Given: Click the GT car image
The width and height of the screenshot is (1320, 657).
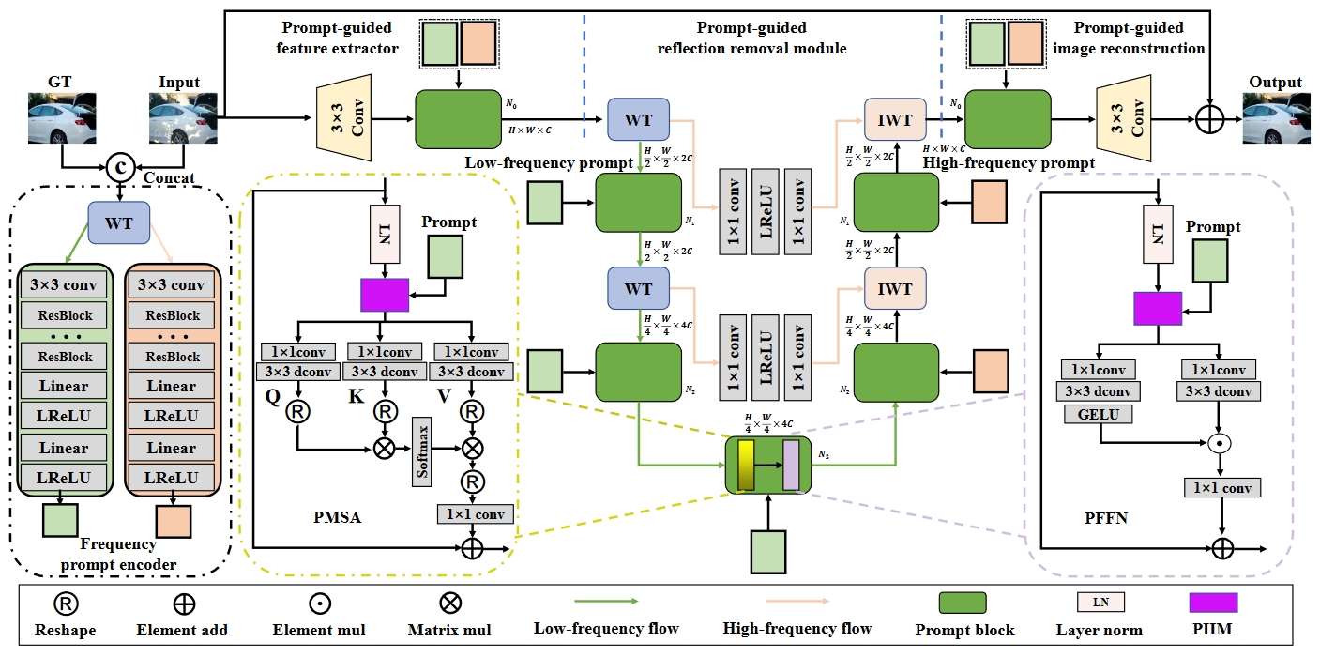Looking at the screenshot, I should pos(62,118).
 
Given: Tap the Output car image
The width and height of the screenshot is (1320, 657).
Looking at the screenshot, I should pos(1274,118).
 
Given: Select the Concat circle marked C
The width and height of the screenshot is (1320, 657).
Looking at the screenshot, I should pos(120,166).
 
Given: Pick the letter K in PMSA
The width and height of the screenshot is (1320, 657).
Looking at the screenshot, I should pos(356,397).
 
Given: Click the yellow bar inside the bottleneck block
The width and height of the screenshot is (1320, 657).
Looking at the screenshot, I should pos(746,465).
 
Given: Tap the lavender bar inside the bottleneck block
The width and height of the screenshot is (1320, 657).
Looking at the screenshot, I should pos(790,465).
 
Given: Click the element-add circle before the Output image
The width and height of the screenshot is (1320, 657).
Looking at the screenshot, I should pos(1210,120).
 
